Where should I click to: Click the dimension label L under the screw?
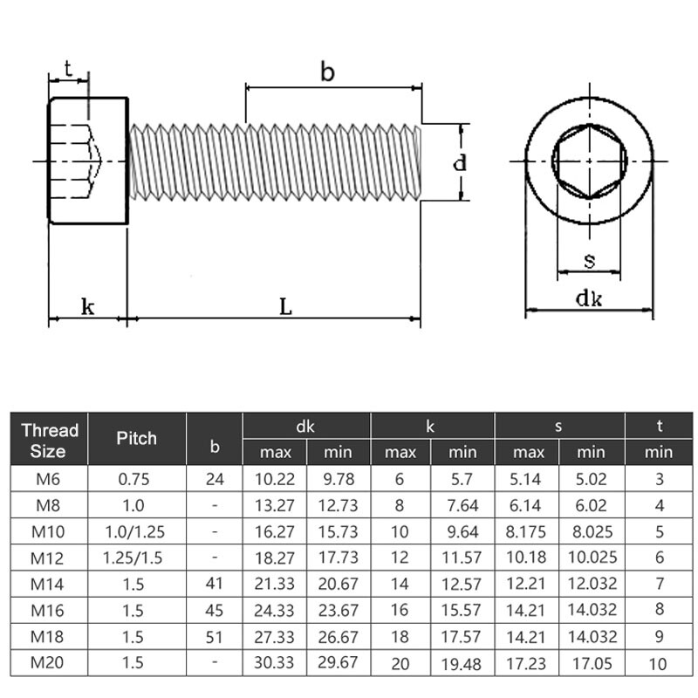tap(284, 306)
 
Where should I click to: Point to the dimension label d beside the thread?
tap(460, 162)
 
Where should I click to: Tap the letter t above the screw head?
tap(68, 68)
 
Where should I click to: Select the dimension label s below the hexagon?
tap(589, 259)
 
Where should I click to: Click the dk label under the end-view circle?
tap(588, 298)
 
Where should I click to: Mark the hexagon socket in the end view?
tap(589, 161)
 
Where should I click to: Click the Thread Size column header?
tap(50, 440)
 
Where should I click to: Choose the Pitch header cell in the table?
tap(137, 438)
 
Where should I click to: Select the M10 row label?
tap(49, 531)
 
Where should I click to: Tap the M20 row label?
tap(49, 662)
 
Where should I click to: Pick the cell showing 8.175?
tap(528, 531)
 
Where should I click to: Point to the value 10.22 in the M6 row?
tap(275, 479)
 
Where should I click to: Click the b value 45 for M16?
tap(215, 610)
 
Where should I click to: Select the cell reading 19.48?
tap(462, 662)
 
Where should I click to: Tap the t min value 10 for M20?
tap(659, 662)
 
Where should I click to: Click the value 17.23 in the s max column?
tap(528, 662)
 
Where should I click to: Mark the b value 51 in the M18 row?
tap(215, 636)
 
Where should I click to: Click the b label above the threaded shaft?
tap(327, 72)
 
